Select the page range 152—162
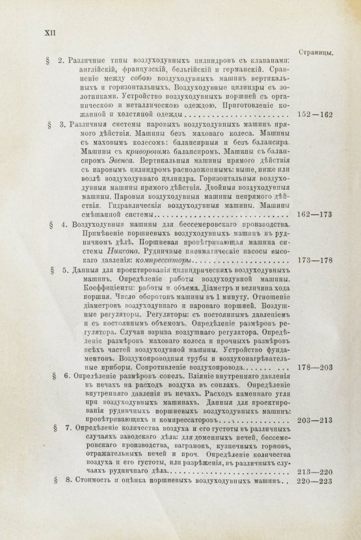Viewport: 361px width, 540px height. tap(314, 115)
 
